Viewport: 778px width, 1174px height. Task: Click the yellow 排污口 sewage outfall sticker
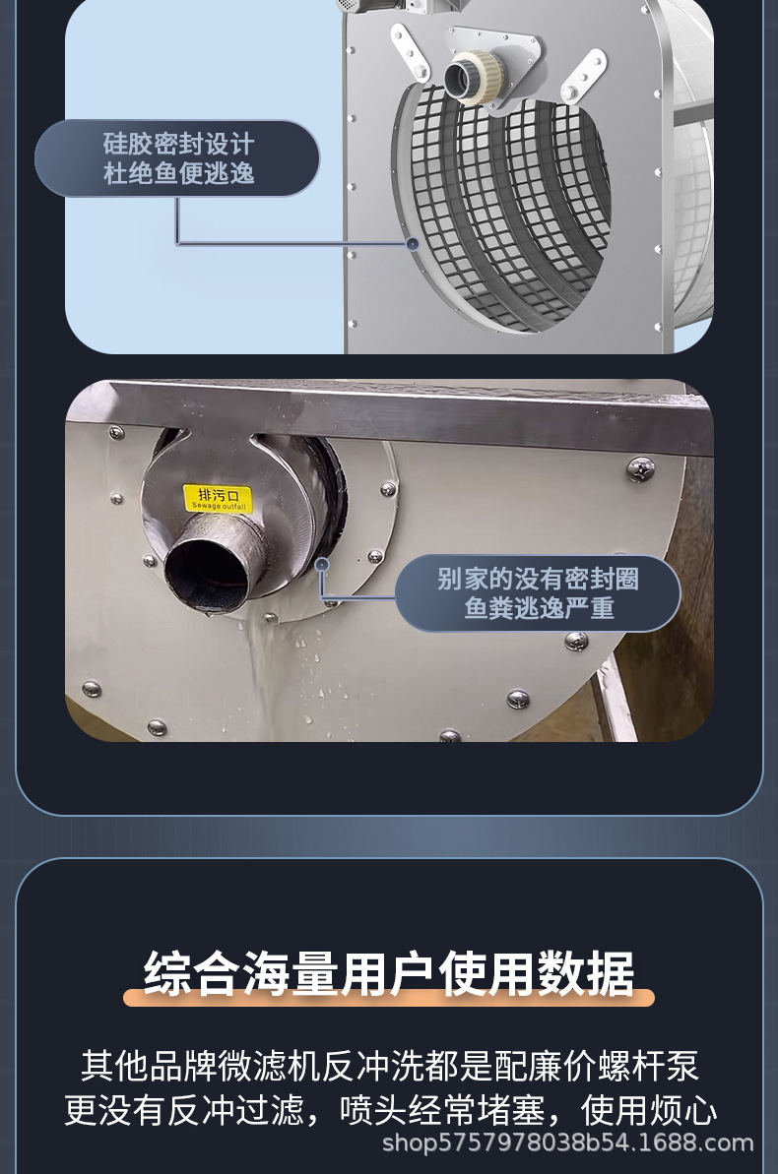(x=218, y=499)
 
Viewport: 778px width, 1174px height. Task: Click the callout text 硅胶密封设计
(x=178, y=143)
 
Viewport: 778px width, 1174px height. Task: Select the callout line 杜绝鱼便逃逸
(x=178, y=174)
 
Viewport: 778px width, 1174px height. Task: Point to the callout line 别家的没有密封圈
(x=538, y=579)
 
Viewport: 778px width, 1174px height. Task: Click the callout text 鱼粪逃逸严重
(x=538, y=609)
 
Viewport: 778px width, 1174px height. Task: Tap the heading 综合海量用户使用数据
(x=389, y=973)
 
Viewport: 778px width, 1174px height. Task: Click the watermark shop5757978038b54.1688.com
(x=567, y=1143)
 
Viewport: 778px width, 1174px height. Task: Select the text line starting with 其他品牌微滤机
(x=389, y=1066)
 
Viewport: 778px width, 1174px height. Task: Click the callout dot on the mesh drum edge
(x=412, y=243)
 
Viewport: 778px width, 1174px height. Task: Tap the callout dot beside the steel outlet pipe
(x=322, y=565)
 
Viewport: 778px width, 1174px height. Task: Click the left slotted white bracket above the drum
(x=410, y=51)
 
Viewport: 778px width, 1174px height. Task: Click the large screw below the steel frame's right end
(x=640, y=469)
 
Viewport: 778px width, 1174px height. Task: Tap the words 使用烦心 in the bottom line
(x=648, y=1110)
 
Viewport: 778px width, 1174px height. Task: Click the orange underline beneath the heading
(x=389, y=997)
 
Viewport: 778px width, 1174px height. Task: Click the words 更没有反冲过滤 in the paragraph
(x=183, y=1110)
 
